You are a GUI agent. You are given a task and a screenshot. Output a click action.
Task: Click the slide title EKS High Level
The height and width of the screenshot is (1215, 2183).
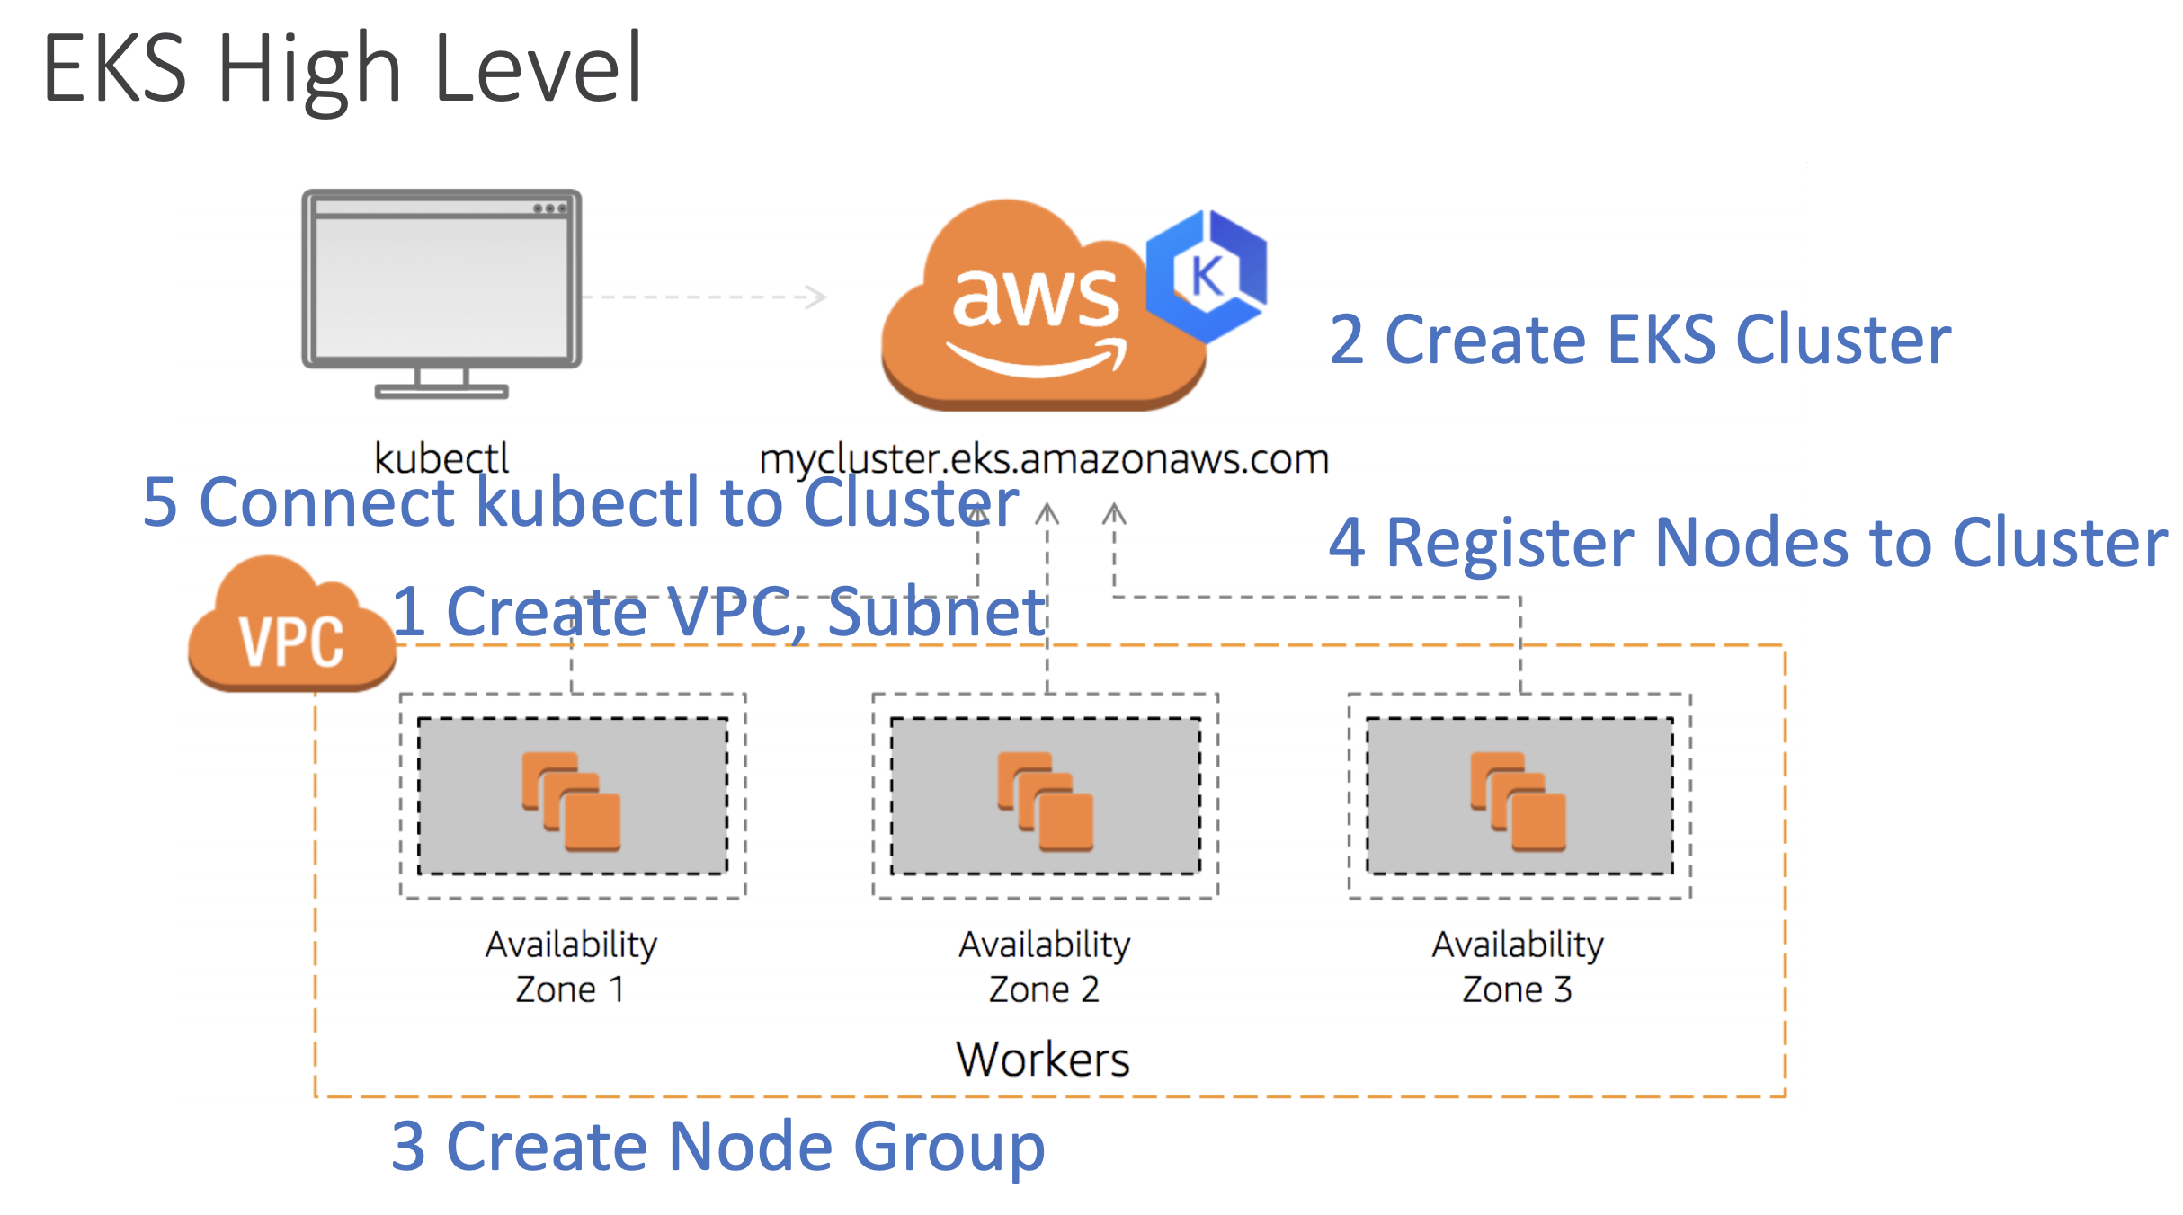click(342, 68)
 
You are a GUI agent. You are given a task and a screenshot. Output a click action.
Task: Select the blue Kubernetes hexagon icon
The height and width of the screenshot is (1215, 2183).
click(1207, 275)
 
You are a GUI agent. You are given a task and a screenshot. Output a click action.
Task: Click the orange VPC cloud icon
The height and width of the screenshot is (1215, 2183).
click(291, 629)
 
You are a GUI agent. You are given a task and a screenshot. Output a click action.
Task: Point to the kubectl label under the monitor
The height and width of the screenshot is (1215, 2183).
click(441, 458)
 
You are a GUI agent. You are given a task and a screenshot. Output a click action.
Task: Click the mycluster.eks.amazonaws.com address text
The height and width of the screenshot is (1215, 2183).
click(1043, 459)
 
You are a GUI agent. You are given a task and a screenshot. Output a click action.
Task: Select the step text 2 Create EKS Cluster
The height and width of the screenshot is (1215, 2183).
click(1639, 340)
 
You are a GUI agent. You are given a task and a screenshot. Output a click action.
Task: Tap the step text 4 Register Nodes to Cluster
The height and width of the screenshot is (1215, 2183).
click(1747, 543)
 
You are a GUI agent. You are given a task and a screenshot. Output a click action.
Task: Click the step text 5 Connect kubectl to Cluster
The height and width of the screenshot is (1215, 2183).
click(581, 501)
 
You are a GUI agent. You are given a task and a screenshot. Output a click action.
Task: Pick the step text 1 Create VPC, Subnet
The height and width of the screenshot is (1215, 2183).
click(719, 612)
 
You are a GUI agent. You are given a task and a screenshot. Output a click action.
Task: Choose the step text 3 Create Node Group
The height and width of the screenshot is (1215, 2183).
click(717, 1146)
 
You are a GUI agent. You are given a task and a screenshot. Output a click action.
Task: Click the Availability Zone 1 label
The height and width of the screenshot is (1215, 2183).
click(572, 966)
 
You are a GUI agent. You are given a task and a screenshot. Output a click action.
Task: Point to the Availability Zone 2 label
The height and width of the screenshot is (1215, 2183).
click(1045, 966)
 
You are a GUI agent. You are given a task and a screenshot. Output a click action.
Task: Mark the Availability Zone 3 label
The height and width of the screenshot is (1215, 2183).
click(1518, 966)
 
